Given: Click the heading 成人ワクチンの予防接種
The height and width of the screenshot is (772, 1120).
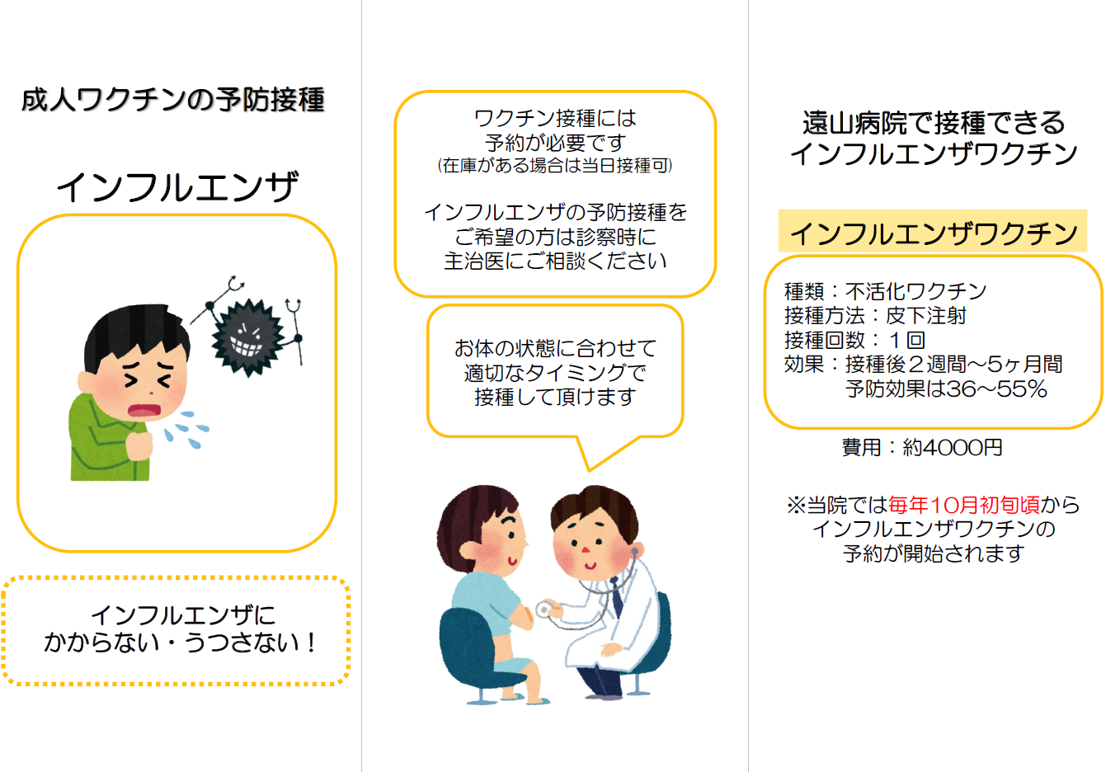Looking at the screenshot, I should pyautogui.click(x=173, y=100).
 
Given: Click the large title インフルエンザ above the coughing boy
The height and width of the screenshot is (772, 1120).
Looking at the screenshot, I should pyautogui.click(x=177, y=187).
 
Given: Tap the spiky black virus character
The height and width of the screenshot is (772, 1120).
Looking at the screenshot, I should pyautogui.click(x=246, y=336).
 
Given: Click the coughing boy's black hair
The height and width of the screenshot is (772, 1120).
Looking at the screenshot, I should pyautogui.click(x=132, y=330).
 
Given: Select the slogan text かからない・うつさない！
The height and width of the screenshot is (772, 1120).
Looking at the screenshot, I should pyautogui.click(x=181, y=643).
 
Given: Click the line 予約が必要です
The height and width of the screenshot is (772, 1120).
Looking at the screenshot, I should pyautogui.click(x=555, y=142).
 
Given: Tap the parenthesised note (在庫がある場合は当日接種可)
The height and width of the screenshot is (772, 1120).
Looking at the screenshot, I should pyautogui.click(x=555, y=166).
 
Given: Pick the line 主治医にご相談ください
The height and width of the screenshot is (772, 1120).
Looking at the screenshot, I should pyautogui.click(x=555, y=261).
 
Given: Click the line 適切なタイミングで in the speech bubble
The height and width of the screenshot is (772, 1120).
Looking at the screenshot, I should pyautogui.click(x=555, y=373).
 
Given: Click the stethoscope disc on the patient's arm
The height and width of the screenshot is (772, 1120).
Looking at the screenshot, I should pyautogui.click(x=544, y=610).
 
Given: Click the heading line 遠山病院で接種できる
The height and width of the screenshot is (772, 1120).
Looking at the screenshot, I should pyautogui.click(x=934, y=123).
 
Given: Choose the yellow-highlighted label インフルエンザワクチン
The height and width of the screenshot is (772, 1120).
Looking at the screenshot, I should pyautogui.click(x=933, y=233).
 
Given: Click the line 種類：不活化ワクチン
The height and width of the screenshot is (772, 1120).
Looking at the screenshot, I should pyautogui.click(x=885, y=291).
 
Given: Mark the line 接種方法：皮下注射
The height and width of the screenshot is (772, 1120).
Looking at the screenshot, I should pyautogui.click(x=874, y=316).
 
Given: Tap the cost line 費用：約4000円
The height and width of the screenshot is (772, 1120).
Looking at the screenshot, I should pyautogui.click(x=922, y=448).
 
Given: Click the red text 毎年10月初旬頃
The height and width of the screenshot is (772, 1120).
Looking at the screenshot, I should pyautogui.click(x=963, y=505).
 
